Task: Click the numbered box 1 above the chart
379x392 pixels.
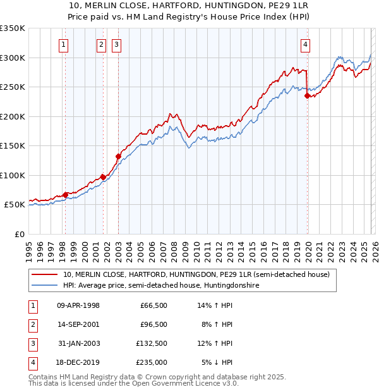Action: coord(64,44)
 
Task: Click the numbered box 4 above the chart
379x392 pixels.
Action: coord(305,44)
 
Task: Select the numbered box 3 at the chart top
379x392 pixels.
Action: coord(117,44)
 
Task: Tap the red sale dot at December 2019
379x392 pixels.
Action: coord(307,96)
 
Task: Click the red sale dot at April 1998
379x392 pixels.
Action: coord(65,195)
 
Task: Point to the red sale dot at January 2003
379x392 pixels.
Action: coord(118,156)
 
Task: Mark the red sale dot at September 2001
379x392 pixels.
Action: coord(103,177)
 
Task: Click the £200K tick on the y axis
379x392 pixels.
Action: coord(13,116)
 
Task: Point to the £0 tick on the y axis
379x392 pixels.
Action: coord(20,234)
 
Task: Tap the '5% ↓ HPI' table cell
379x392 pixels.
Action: coord(217,362)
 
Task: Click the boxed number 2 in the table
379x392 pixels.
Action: coord(32,324)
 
